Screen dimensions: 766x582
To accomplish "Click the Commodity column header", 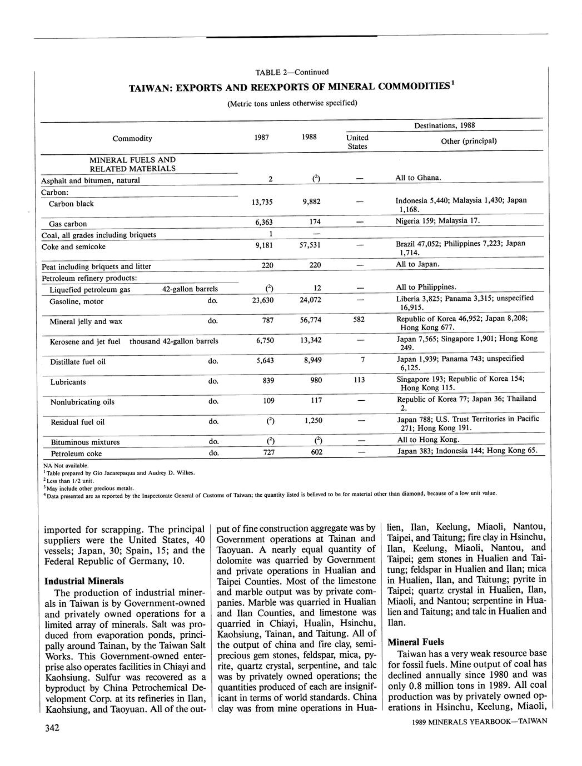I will [132, 138].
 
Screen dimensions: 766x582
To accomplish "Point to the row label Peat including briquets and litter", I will [96, 266].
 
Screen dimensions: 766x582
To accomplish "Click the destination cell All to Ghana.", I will [418, 178].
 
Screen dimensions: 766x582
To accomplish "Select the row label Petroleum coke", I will [76, 453].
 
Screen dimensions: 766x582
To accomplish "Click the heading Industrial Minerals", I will [84, 581].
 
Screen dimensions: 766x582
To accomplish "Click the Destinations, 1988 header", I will [444, 125].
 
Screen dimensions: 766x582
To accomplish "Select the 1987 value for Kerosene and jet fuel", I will [265, 340].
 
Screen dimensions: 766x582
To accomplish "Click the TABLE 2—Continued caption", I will [292, 72].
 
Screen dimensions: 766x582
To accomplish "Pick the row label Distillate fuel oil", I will [78, 362].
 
